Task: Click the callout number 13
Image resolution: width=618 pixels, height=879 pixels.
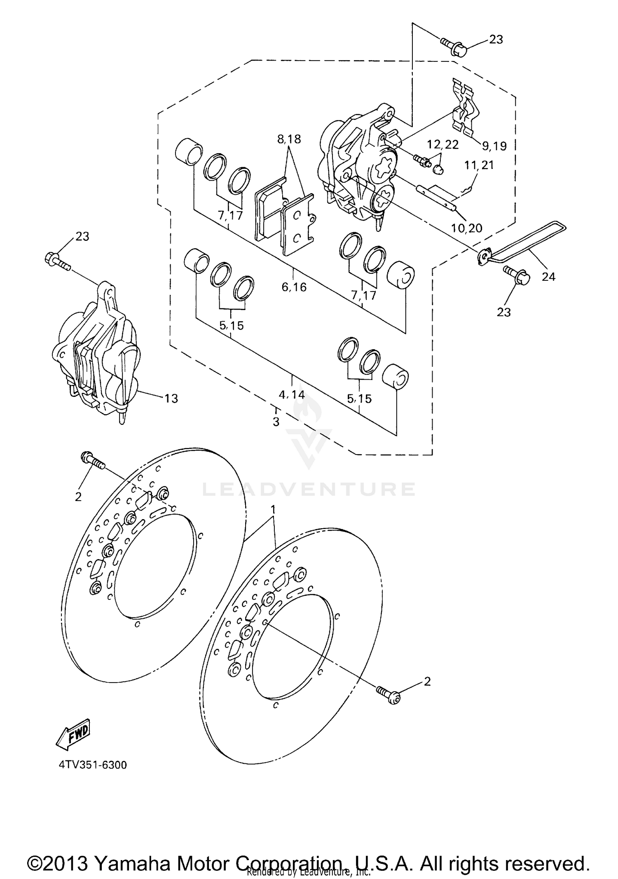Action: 171,399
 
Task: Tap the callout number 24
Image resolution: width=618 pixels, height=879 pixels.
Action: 548,277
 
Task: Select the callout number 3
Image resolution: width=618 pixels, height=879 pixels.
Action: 276,422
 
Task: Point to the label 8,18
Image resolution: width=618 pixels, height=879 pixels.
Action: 289,139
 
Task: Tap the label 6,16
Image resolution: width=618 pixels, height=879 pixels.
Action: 294,287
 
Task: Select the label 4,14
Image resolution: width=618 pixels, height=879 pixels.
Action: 292,395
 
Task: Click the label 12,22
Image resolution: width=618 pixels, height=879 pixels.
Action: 442,144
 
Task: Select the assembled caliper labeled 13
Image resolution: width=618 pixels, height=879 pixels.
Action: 97,354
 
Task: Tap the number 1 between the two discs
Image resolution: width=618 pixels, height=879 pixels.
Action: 272,510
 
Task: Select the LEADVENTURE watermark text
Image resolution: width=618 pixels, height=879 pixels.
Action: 309,489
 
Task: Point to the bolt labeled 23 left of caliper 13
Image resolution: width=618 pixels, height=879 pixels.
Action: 56,260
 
